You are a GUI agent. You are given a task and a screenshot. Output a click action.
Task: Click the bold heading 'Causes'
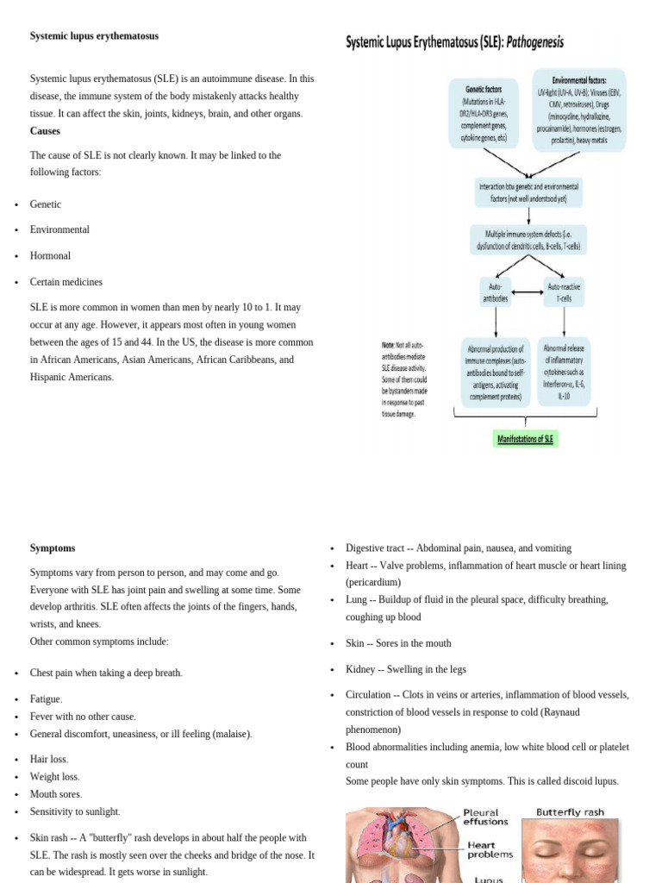click(45, 131)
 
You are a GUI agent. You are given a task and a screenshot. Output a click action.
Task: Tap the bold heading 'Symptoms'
click(53, 548)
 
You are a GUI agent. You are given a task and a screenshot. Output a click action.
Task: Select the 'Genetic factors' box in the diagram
click(484, 113)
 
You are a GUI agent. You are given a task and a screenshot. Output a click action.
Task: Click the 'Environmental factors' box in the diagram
click(578, 110)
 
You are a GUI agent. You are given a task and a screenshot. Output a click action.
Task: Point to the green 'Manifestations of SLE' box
click(526, 439)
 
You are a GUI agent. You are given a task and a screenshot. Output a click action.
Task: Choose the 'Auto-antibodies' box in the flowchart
click(496, 292)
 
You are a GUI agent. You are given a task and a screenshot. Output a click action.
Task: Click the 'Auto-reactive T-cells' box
click(565, 292)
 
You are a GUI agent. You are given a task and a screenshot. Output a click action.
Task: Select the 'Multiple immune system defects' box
click(528, 240)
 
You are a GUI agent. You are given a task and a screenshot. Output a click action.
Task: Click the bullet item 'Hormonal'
click(50, 256)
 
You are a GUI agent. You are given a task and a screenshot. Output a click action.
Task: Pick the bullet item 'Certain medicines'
click(66, 282)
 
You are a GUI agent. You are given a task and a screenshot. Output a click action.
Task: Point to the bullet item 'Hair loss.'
click(49, 760)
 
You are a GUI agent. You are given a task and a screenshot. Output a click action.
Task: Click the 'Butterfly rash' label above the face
click(570, 812)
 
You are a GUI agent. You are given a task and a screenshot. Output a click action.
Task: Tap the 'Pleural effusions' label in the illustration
click(486, 817)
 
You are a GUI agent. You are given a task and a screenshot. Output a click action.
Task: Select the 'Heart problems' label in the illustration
click(490, 849)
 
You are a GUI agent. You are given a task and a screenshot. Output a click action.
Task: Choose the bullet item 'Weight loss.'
click(55, 777)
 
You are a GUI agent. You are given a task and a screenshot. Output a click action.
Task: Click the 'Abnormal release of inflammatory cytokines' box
click(564, 372)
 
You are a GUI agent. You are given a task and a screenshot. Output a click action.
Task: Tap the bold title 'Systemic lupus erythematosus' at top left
click(94, 36)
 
